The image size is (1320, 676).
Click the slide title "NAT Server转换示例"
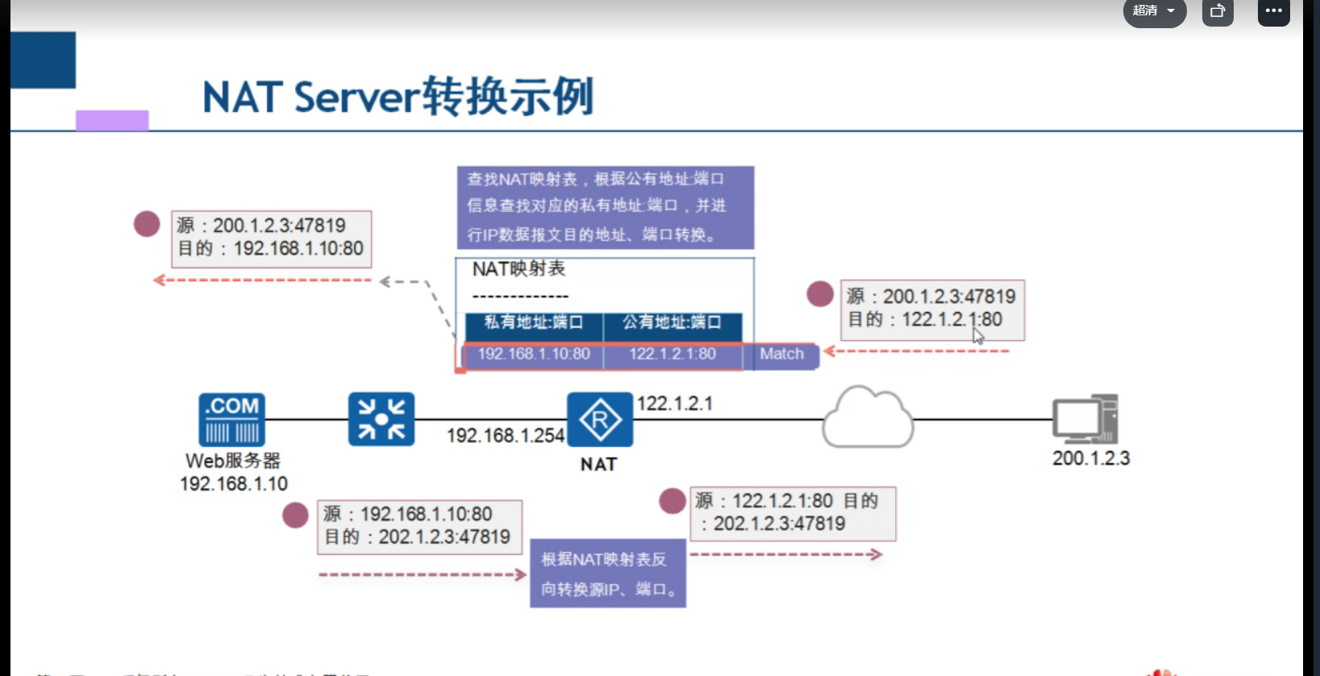(x=398, y=97)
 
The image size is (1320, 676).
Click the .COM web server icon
(x=232, y=419)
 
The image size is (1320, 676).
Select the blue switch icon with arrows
(x=381, y=419)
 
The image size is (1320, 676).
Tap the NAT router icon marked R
(x=600, y=420)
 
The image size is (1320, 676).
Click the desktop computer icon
(x=1085, y=419)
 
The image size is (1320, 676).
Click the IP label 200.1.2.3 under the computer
(x=1091, y=458)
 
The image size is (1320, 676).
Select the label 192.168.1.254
(x=506, y=436)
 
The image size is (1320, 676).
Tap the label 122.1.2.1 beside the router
(x=675, y=404)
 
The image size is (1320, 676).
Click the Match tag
(x=781, y=355)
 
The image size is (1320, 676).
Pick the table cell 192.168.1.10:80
(x=534, y=355)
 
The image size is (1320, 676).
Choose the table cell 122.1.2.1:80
(x=672, y=355)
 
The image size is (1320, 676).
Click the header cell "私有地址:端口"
(x=534, y=322)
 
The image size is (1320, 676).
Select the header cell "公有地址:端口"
(x=672, y=322)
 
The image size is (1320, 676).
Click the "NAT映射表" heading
(x=519, y=269)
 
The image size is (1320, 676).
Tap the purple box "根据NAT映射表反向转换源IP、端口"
(x=607, y=574)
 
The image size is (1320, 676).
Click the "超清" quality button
(x=1154, y=11)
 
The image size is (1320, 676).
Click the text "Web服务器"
(x=233, y=461)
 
